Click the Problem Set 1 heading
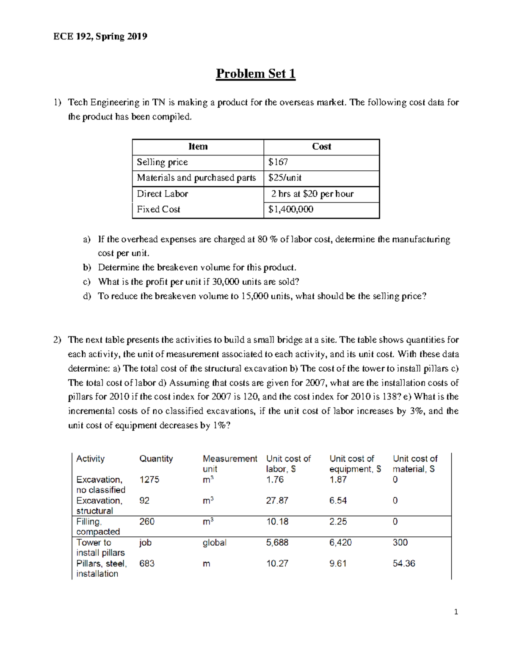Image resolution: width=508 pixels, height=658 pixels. [255, 74]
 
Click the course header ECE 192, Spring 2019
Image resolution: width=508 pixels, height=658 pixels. [100, 36]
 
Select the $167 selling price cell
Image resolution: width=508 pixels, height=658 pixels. [278, 162]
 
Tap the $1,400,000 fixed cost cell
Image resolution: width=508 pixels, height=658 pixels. [290, 209]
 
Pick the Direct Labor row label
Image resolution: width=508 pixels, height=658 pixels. [162, 194]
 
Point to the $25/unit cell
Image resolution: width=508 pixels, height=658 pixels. [285, 178]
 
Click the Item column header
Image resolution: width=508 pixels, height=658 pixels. [198, 147]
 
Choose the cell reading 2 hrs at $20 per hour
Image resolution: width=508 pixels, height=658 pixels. [312, 194]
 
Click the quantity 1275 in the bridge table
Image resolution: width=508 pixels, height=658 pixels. [149, 480]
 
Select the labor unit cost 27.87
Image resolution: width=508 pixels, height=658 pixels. [277, 500]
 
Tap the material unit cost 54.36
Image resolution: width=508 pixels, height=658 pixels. [403, 564]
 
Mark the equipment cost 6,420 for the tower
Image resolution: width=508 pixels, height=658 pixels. [340, 542]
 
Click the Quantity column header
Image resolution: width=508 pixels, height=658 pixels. [156, 459]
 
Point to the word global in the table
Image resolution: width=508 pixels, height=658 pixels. [214, 542]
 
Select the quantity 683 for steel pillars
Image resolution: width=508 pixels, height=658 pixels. [146, 564]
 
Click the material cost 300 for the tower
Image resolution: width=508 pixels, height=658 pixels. [400, 542]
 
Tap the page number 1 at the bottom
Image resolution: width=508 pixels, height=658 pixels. [456, 612]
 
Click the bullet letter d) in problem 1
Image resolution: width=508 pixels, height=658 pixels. [87, 296]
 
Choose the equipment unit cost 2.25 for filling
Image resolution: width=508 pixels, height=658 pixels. [338, 522]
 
